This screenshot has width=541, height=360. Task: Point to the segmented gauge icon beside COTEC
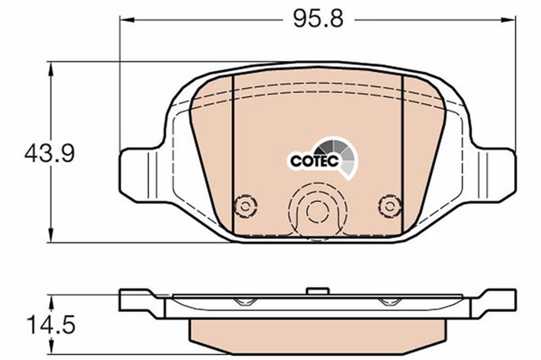click(x=347, y=158)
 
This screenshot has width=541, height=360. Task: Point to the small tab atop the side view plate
click(x=317, y=291)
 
